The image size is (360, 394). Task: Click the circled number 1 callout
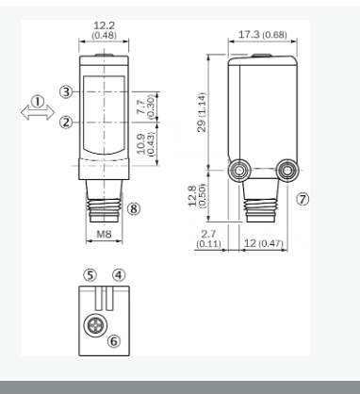[x=38, y=102]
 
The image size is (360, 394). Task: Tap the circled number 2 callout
[x=66, y=123]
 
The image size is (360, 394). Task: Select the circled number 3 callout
[x=66, y=92]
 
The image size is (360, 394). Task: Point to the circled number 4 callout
[x=119, y=275]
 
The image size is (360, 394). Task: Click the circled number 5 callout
[x=90, y=275]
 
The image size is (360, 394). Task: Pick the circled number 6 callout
[x=114, y=341]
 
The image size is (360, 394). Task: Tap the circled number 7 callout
[x=303, y=199]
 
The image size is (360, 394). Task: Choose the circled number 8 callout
[x=134, y=208]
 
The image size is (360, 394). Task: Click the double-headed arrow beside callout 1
[x=38, y=112]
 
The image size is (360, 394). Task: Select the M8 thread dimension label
[x=104, y=234]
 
